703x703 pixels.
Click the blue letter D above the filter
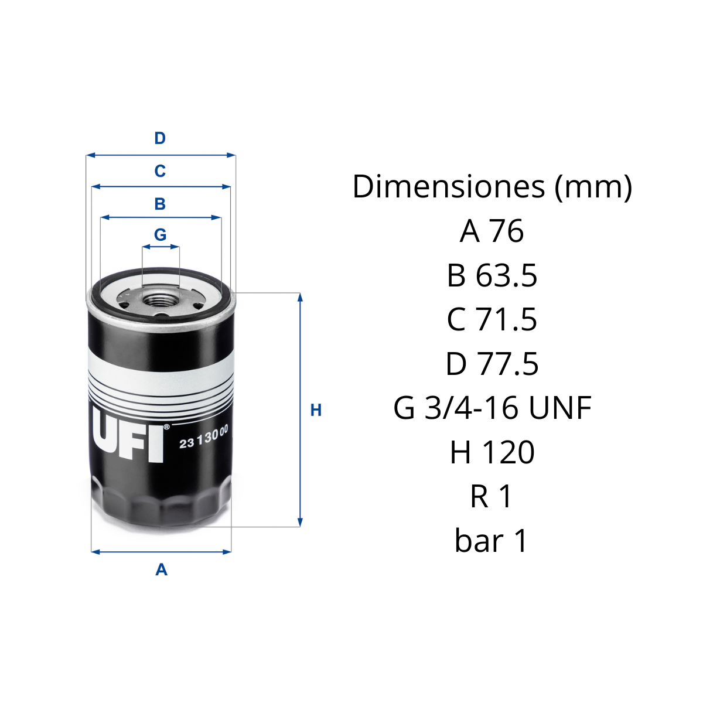(160, 138)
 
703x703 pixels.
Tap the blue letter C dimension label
(160, 170)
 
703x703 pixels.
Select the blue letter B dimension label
(160, 203)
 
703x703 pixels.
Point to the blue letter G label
(160, 234)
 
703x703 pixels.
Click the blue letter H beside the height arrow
(316, 411)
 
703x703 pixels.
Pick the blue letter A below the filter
(161, 569)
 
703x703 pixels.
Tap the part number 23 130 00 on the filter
(203, 437)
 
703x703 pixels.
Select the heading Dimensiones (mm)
(492, 186)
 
